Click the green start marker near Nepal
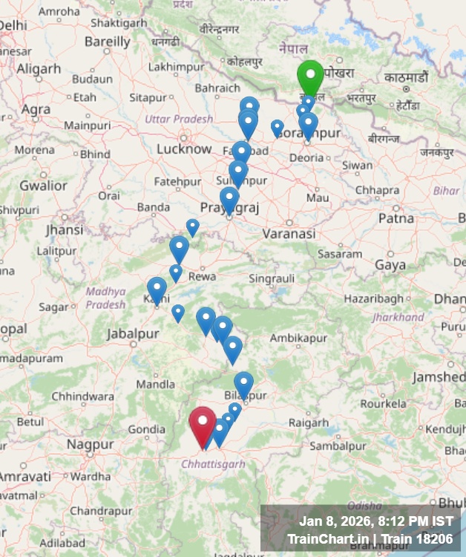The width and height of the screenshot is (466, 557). coord(310,76)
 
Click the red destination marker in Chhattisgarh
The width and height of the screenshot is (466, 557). coord(202,424)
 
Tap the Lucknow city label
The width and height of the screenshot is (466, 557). coord(184,149)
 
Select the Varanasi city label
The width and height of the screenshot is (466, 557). coord(289,233)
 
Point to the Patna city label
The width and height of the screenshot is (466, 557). coord(396,218)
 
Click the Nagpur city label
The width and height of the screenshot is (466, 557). coord(90,444)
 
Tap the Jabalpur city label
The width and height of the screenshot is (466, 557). coord(132,334)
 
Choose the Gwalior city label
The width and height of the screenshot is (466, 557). coord(43,185)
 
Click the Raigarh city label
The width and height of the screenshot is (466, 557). coord(308,423)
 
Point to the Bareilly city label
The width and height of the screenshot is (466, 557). coord(108,42)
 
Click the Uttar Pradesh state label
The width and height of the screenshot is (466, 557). coord(179,119)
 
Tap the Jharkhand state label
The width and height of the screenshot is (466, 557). coord(398,317)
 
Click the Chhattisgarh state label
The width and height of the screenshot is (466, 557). coord(213,464)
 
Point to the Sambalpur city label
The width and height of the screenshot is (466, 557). coord(338,446)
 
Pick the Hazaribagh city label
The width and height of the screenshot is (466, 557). coord(374,298)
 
